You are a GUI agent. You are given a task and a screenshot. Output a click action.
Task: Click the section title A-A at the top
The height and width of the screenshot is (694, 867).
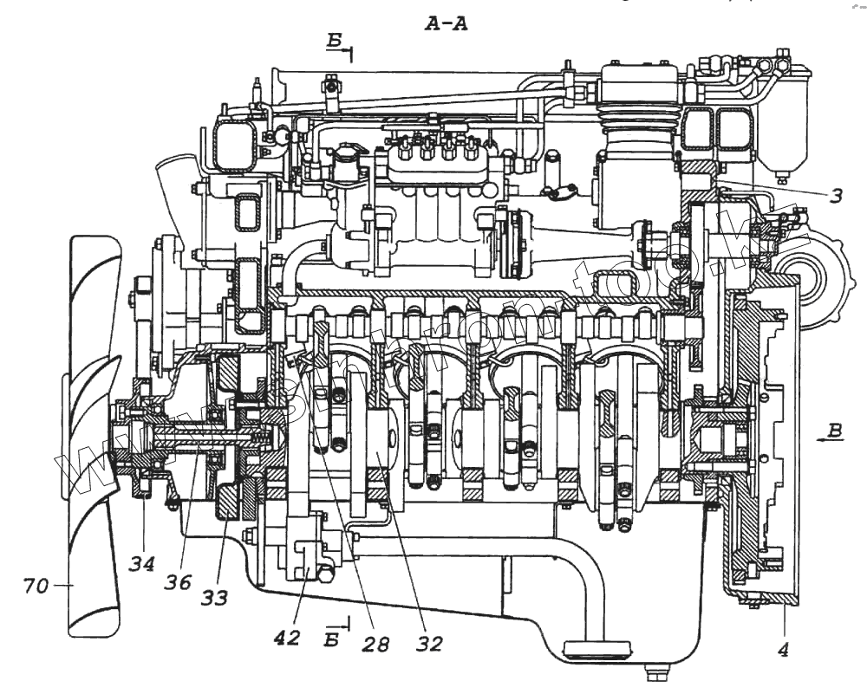click(447, 24)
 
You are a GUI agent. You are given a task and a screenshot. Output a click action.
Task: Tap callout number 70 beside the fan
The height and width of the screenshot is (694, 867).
click(36, 586)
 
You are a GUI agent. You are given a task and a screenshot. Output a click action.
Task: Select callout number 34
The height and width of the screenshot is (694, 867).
click(142, 564)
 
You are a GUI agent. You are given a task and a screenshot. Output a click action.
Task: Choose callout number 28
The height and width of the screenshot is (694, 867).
click(376, 645)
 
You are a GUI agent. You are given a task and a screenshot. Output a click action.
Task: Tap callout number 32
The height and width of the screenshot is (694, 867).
click(429, 644)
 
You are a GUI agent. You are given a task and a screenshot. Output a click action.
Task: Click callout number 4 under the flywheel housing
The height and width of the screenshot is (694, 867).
click(783, 648)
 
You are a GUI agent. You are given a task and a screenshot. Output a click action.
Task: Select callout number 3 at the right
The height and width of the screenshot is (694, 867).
click(834, 196)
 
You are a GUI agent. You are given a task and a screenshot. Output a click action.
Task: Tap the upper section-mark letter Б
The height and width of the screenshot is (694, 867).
click(336, 41)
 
